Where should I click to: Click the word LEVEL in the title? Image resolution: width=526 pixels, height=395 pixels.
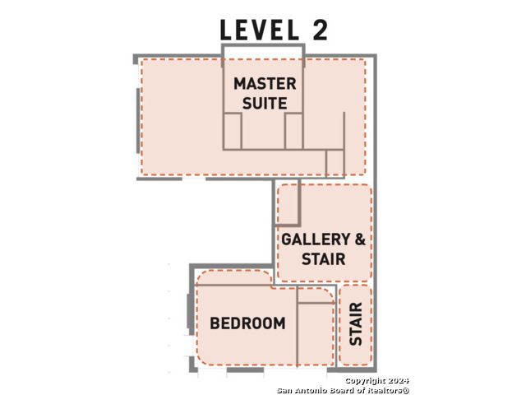(x=260, y=30)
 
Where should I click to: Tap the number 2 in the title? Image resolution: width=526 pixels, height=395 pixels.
(x=320, y=30)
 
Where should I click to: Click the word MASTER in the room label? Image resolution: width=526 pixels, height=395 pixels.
(x=265, y=84)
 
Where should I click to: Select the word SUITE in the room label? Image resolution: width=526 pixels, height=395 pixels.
(x=265, y=103)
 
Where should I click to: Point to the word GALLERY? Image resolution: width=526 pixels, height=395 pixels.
(x=311, y=239)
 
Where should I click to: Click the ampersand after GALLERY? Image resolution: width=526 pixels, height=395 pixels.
(x=360, y=239)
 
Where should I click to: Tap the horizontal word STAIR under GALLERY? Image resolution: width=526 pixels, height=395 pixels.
(x=323, y=259)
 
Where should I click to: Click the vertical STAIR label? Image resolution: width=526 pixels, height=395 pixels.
(x=356, y=323)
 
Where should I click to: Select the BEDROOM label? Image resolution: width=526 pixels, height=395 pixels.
(x=247, y=323)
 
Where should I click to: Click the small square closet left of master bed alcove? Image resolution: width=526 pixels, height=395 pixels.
(x=232, y=131)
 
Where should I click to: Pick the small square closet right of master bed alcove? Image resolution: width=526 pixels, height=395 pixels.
(x=294, y=131)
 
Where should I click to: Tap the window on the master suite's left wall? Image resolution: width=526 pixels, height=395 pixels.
(x=138, y=121)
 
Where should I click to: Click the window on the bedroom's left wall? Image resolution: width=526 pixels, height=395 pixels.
(x=190, y=311)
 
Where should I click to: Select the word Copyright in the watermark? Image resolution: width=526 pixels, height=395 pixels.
(x=365, y=381)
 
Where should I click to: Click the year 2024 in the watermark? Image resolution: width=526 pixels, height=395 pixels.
(x=399, y=380)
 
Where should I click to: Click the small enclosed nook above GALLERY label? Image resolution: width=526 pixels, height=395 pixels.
(x=288, y=204)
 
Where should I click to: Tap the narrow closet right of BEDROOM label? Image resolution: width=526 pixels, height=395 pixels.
(x=316, y=334)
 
